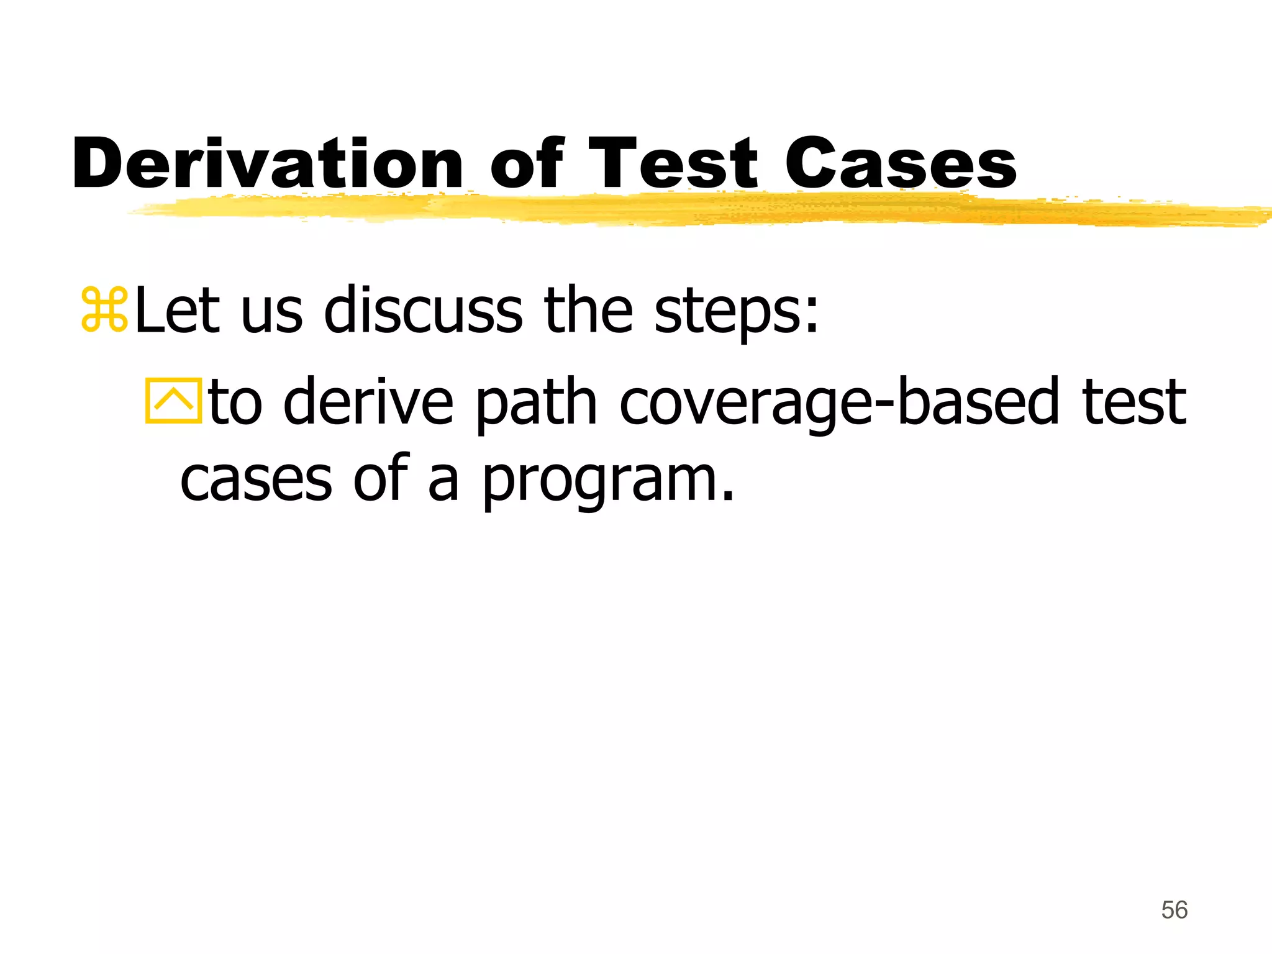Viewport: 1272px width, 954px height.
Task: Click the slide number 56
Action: point(1174,910)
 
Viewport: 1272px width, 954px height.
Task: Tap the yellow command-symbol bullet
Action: point(104,309)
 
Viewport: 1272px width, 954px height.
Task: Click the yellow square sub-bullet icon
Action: point(173,401)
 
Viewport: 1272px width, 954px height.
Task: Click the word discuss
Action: point(424,309)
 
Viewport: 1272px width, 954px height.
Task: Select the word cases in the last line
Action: point(256,481)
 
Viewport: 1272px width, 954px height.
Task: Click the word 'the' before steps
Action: point(588,309)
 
